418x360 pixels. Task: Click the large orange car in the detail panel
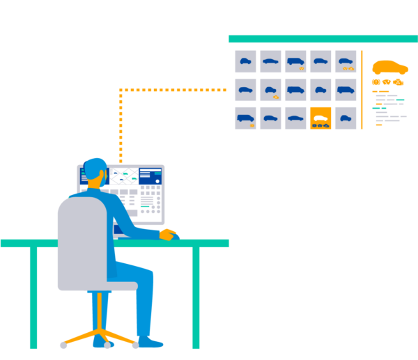pyautogui.click(x=389, y=67)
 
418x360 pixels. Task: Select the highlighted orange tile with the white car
pyautogui.click(x=320, y=118)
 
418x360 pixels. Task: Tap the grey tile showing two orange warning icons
pyautogui.click(x=346, y=61)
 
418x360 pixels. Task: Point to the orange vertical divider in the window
pyautogui.click(x=362, y=89)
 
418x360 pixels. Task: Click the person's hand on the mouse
pyautogui.click(x=168, y=234)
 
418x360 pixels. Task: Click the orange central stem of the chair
pyautogui.click(x=100, y=310)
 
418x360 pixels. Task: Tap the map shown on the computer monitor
pyautogui.click(x=123, y=176)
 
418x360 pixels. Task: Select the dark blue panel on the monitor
pyautogui.click(x=150, y=175)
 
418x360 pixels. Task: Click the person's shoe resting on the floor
pyautogui.click(x=150, y=343)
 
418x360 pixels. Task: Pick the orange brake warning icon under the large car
pyautogui.click(x=376, y=82)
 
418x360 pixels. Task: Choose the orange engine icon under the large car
pyautogui.click(x=398, y=82)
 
